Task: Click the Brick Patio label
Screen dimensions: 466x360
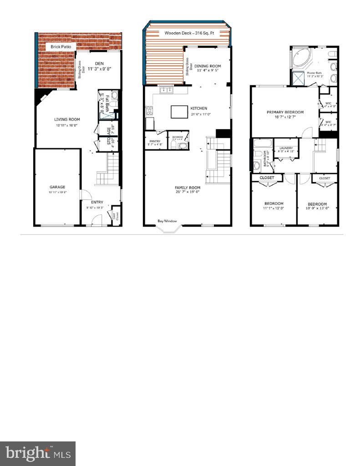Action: click(61, 46)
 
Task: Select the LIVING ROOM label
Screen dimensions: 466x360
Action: click(64, 119)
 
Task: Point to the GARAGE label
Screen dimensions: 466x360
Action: click(57, 187)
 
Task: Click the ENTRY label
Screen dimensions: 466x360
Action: click(97, 202)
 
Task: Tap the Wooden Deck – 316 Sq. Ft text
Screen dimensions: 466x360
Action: click(187, 33)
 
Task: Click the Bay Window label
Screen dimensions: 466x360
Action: click(167, 221)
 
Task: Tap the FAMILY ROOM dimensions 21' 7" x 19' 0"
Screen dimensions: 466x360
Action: click(188, 192)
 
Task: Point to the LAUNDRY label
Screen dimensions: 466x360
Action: click(286, 148)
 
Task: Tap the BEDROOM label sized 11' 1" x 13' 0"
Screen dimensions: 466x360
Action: click(274, 203)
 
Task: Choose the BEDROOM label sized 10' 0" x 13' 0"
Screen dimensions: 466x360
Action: click(317, 203)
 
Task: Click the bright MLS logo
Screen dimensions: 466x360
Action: click(38, 453)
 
